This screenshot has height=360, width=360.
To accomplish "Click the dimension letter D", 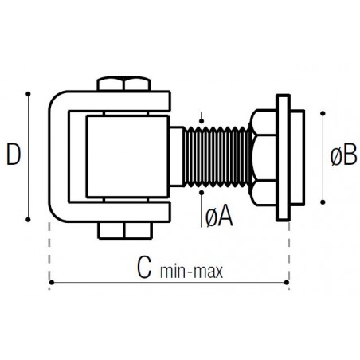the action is tap(14, 154).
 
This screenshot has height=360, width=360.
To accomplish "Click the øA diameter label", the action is tap(219, 216).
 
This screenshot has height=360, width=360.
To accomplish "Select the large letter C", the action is tap(144, 268).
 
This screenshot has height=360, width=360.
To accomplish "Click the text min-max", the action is tap(191, 272).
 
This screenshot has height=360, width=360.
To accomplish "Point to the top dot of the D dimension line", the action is tap(28, 94).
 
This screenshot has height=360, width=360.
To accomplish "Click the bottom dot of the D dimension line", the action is tap(28, 220).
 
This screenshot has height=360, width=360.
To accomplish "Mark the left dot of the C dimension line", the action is tap(52, 282).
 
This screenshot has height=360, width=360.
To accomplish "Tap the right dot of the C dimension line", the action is tap(287, 282).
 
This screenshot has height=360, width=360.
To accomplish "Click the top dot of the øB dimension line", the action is tap(323, 113).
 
